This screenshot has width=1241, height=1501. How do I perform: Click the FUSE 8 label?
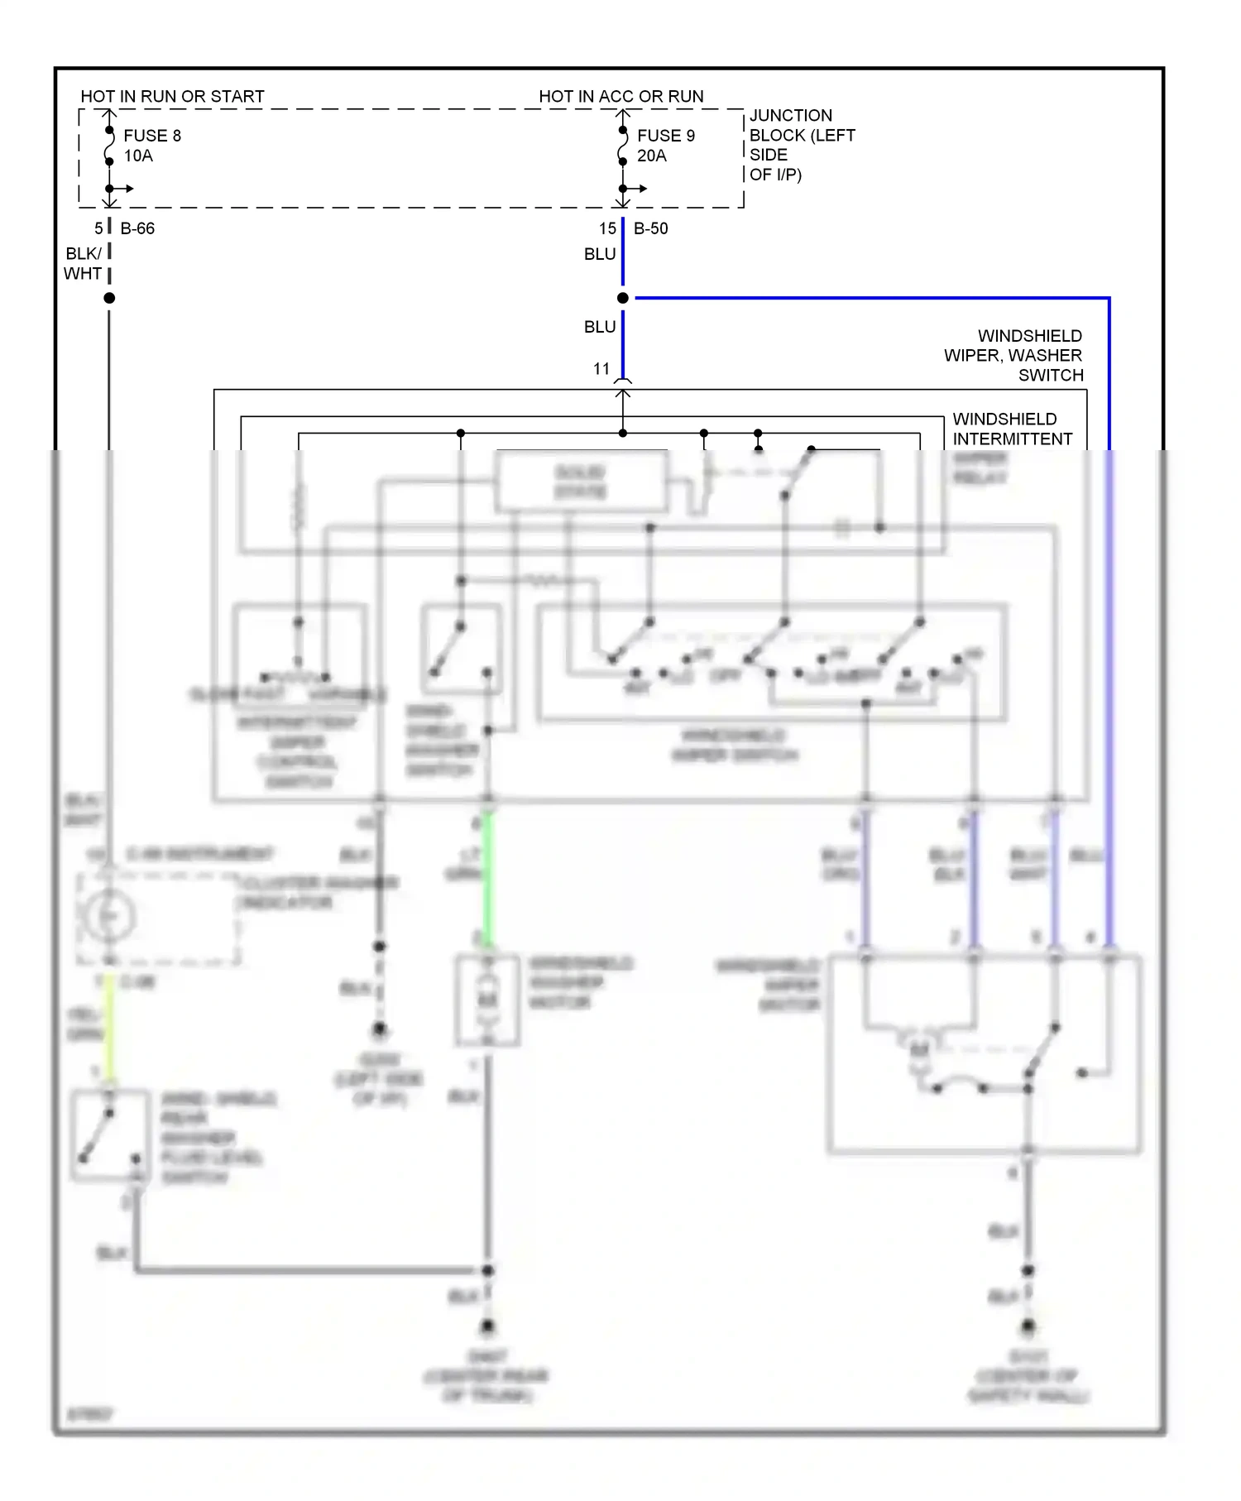click(x=152, y=136)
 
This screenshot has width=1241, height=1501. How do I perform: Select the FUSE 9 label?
click(x=666, y=136)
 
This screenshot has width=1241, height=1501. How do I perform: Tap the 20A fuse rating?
click(x=652, y=156)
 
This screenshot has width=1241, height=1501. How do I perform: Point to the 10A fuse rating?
click(x=138, y=156)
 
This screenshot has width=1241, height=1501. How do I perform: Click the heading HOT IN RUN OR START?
click(x=172, y=97)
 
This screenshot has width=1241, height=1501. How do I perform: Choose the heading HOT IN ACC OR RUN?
click(x=621, y=97)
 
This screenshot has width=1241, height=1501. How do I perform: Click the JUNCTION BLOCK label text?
click(x=801, y=145)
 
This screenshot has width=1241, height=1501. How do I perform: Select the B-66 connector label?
click(x=137, y=228)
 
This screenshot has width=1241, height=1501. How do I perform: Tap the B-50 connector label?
click(x=650, y=228)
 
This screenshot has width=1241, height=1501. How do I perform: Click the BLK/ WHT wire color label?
click(x=83, y=263)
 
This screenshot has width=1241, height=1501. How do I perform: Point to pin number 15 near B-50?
click(x=607, y=228)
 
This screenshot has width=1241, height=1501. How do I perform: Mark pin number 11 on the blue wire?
click(x=601, y=369)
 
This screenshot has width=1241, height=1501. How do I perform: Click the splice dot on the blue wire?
click(x=623, y=298)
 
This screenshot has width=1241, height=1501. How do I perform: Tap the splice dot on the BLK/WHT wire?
click(x=109, y=298)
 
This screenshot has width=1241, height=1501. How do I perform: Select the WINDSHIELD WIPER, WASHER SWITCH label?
click(x=1014, y=356)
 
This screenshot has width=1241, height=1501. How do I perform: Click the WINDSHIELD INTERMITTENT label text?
click(x=1013, y=429)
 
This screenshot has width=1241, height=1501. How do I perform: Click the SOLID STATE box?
click(x=581, y=482)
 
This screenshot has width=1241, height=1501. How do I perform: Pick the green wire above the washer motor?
click(x=488, y=877)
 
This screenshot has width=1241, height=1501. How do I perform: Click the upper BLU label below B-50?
click(x=600, y=254)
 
